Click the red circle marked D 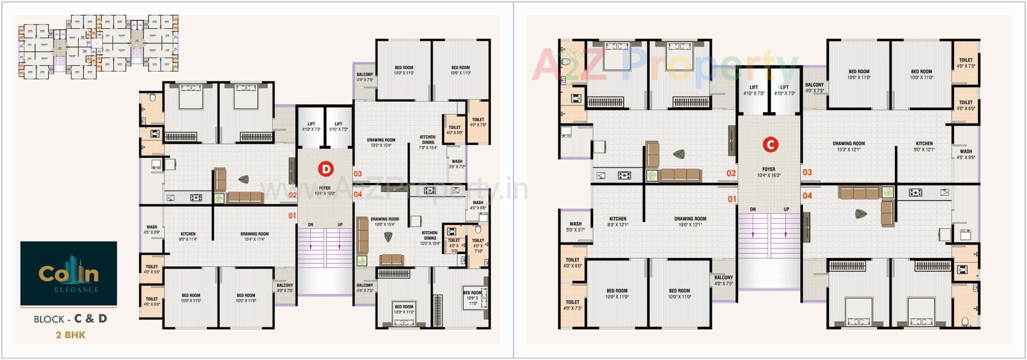(325, 169)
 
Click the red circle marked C (770, 144)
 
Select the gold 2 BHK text (71, 335)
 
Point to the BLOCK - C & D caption (70, 319)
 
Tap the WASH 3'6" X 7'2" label (457, 164)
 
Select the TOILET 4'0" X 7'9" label (478, 122)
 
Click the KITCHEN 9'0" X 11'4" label (188, 236)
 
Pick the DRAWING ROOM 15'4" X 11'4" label (255, 236)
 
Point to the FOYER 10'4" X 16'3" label (769, 172)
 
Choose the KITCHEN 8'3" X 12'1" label (618, 221)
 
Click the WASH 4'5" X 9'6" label (965, 154)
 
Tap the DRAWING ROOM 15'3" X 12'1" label (849, 147)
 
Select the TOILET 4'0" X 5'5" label (152, 269)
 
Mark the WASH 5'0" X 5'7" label (576, 227)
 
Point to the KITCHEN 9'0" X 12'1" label (924, 147)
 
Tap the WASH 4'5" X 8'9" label (152, 229)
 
